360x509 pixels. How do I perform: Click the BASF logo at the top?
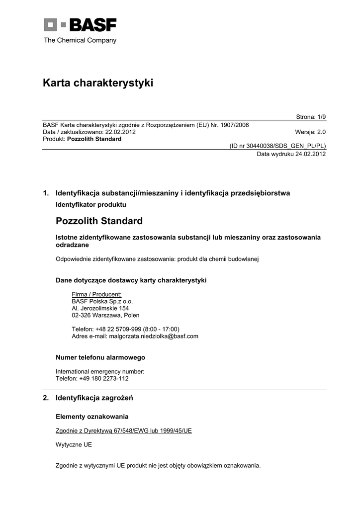[80, 24]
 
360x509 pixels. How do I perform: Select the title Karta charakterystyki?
[98, 83]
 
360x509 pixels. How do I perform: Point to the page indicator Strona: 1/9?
[311, 117]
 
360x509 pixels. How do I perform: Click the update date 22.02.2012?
[120, 132]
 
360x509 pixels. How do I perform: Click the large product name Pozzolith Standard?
[99, 221]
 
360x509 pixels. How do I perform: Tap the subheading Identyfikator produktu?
[90, 204]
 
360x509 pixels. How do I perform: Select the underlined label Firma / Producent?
[96, 294]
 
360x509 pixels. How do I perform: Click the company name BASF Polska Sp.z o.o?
[102, 301]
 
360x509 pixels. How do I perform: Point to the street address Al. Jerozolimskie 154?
[100, 308]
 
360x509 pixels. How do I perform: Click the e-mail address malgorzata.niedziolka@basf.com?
[154, 336]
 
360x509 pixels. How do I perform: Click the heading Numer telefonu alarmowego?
[100, 357]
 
